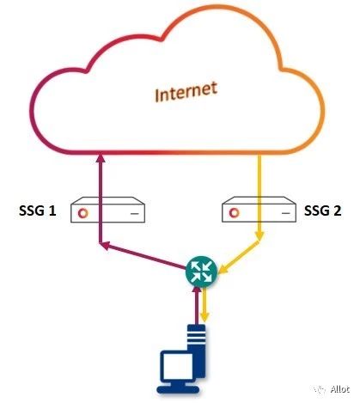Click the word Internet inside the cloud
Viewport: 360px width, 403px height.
click(186, 92)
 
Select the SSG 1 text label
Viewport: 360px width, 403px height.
click(37, 211)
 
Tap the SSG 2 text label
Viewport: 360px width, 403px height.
click(323, 211)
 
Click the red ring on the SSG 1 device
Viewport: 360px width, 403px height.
click(83, 213)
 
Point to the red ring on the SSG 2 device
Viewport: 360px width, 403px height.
click(235, 213)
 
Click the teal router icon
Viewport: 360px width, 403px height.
click(202, 271)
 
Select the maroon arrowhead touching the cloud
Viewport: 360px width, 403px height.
click(101, 158)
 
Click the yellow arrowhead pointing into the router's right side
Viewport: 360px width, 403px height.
click(223, 270)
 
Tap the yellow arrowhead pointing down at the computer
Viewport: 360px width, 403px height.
click(204, 317)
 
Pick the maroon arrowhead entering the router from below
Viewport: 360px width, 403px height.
click(197, 290)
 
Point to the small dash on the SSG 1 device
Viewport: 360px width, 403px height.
click(135, 214)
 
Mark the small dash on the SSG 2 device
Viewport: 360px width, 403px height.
click(285, 213)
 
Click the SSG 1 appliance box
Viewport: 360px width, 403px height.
click(107, 210)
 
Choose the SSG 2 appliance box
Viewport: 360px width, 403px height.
click(259, 209)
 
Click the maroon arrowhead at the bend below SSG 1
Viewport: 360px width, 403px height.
click(105, 245)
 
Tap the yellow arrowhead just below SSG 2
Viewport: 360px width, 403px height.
click(259, 235)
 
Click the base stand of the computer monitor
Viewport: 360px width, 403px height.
click(178, 389)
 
